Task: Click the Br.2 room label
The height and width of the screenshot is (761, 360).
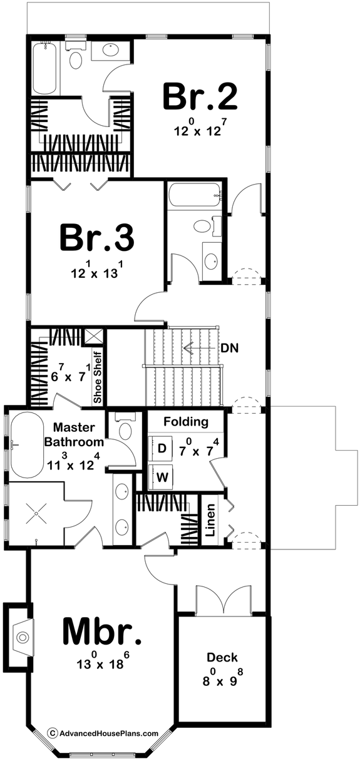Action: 200,98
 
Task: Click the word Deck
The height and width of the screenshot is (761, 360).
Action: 222,658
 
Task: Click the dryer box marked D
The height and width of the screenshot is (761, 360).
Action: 162,448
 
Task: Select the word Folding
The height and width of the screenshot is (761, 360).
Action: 185,422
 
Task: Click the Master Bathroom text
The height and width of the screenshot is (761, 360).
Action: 74,436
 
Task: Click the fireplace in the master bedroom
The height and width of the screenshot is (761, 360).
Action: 20,637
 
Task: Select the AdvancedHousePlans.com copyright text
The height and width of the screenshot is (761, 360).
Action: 103,733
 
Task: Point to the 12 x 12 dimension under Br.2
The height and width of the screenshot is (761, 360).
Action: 200,131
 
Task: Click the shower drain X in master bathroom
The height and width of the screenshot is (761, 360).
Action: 36,514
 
